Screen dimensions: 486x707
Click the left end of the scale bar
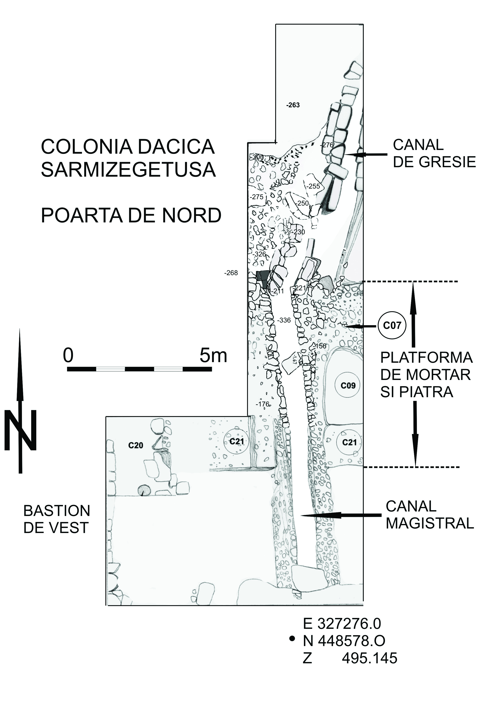click(x=67, y=369)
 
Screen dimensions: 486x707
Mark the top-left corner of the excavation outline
click(x=276, y=24)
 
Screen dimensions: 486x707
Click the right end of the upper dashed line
click(x=458, y=282)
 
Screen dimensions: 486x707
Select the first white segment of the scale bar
click(x=111, y=369)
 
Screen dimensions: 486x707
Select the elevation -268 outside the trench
click(x=231, y=273)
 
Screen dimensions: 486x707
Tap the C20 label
click(x=136, y=445)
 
